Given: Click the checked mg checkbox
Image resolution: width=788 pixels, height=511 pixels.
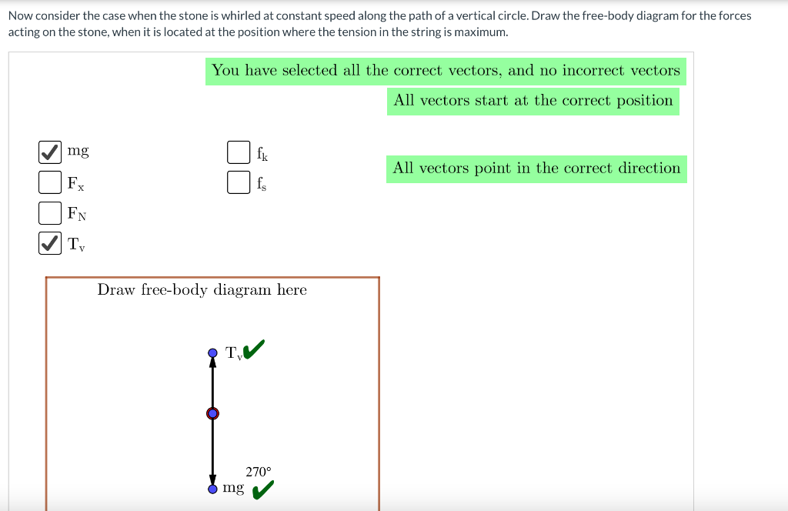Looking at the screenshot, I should click(x=50, y=152).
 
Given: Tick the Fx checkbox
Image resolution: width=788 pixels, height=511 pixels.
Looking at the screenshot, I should click(x=50, y=182).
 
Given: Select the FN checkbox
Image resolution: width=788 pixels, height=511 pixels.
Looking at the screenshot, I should click(x=50, y=212).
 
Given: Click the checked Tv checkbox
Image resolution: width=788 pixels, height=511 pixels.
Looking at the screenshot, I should click(x=50, y=243).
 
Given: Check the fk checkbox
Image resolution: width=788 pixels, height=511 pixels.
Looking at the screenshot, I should click(x=239, y=152).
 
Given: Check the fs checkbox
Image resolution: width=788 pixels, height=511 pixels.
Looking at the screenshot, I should click(x=239, y=182).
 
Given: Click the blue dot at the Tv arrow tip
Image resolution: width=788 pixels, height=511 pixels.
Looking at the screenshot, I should click(x=213, y=353).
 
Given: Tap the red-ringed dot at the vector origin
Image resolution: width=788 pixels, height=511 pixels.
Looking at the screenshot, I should click(x=213, y=413).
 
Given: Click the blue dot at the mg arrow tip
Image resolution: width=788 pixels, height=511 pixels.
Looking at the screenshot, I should click(x=213, y=489).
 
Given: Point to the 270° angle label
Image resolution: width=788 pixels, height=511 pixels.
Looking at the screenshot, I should click(x=259, y=472).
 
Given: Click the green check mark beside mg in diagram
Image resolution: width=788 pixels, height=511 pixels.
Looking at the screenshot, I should click(x=262, y=489).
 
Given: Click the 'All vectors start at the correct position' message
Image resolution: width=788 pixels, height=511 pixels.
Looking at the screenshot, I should click(x=533, y=101).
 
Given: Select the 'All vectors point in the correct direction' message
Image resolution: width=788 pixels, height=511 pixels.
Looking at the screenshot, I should click(x=536, y=168).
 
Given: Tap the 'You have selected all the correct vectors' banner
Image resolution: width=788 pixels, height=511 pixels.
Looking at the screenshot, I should click(x=446, y=71).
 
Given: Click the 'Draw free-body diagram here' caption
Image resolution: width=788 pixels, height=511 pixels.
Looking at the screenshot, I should click(x=202, y=290).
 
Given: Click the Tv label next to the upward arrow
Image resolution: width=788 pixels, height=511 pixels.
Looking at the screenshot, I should click(x=234, y=353).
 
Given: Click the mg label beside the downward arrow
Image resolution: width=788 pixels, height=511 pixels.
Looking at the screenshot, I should click(x=233, y=488).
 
